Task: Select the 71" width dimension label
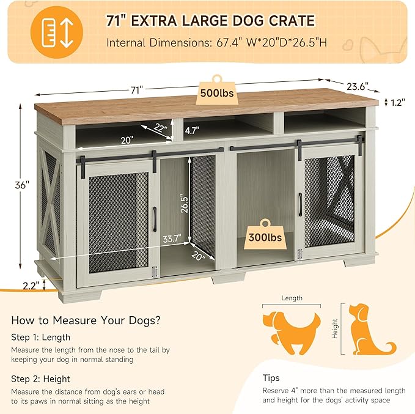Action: point(136,89)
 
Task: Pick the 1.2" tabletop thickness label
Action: point(396,103)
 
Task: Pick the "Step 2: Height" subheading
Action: point(40,379)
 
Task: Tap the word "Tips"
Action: point(271,378)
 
